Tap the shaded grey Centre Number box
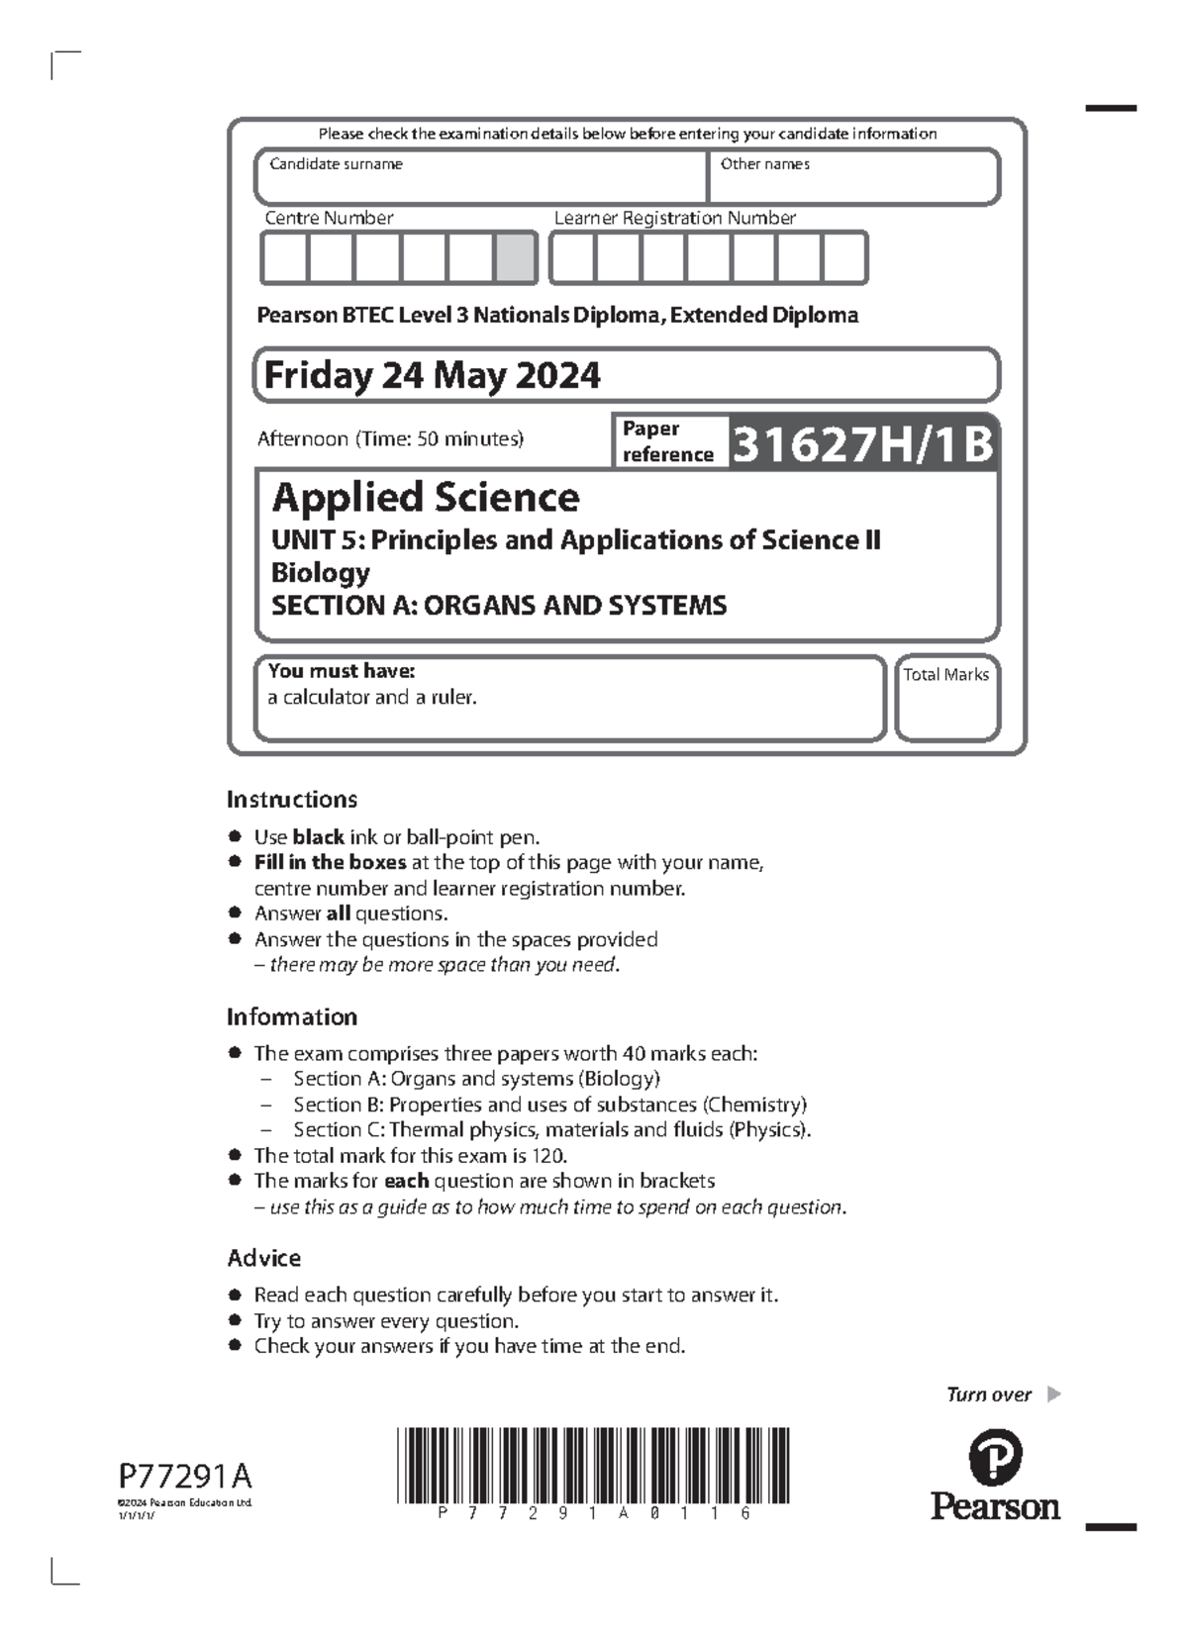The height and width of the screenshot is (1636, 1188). pos(515,258)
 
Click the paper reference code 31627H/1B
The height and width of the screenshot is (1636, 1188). pos(861,443)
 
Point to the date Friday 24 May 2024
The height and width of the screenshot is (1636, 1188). pos(432,375)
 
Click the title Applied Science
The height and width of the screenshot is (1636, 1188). pos(426,497)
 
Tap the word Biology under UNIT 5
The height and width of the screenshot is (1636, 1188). pos(321,572)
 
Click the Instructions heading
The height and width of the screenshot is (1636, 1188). pos(292,799)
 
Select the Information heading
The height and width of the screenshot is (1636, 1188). pos(292,1016)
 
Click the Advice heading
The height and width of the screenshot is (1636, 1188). pos(263,1258)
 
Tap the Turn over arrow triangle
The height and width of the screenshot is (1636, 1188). pos(1053,1395)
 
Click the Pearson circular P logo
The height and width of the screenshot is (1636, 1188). pos(994,1457)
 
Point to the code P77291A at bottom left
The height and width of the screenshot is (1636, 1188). pos(185,1477)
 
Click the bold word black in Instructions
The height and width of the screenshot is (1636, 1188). pos(318,836)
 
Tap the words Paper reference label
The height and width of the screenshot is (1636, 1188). pos(666,441)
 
